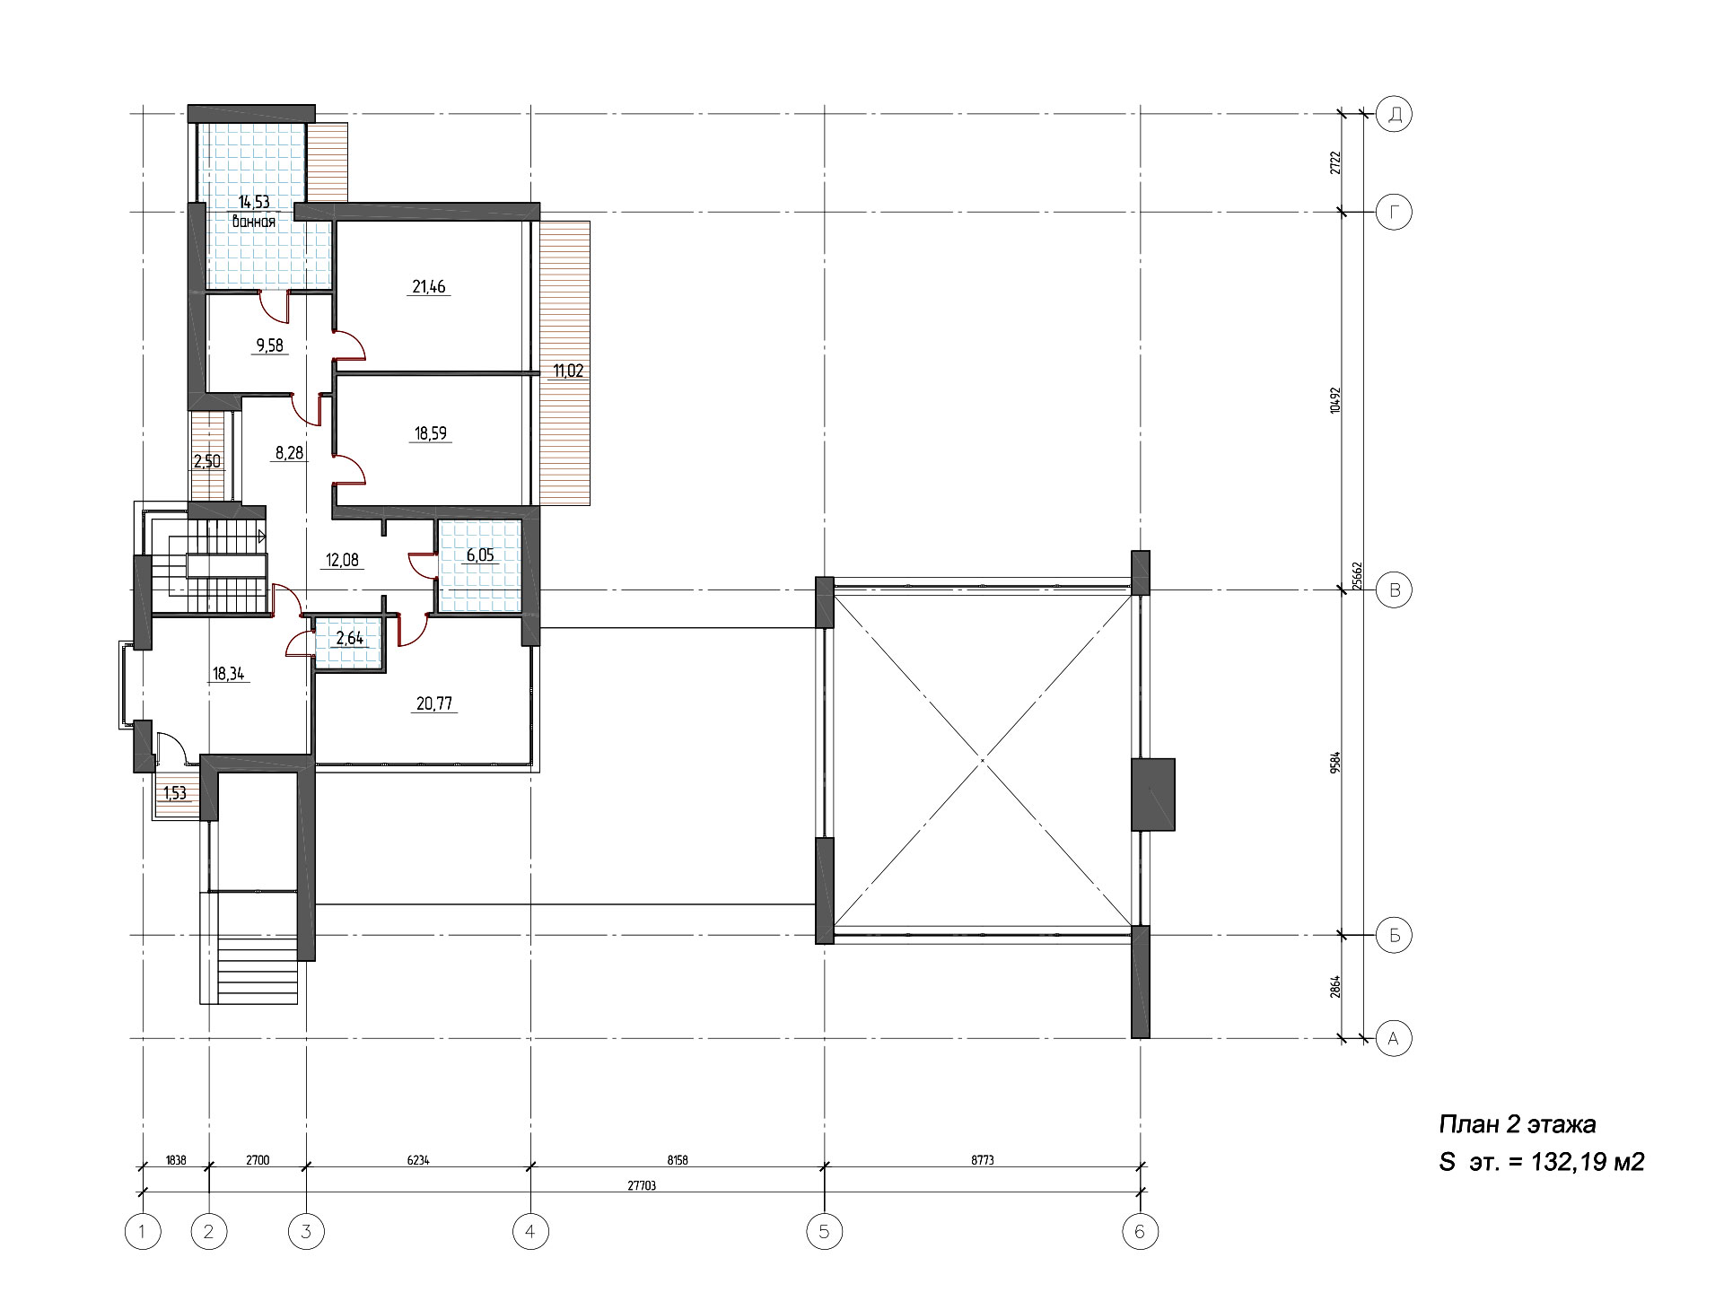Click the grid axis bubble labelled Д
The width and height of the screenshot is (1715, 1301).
1394,114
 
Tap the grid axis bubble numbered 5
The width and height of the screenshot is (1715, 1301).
824,1232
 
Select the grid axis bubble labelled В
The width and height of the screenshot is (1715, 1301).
1394,589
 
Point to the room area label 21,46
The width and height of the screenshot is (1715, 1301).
429,287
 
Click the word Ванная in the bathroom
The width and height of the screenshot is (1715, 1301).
253,221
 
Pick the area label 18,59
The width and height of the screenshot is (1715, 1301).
431,433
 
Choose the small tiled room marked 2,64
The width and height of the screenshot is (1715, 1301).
349,639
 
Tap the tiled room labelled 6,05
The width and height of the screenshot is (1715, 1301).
479,567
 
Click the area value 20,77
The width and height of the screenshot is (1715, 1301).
433,704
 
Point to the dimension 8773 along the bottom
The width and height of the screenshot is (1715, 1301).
982,1159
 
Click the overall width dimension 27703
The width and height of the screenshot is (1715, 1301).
640,1184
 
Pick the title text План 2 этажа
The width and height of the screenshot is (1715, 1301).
1518,1125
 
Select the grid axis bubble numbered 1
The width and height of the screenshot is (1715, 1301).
143,1232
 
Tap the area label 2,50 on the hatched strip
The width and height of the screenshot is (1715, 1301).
207,461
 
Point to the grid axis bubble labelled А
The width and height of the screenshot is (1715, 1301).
1394,1038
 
